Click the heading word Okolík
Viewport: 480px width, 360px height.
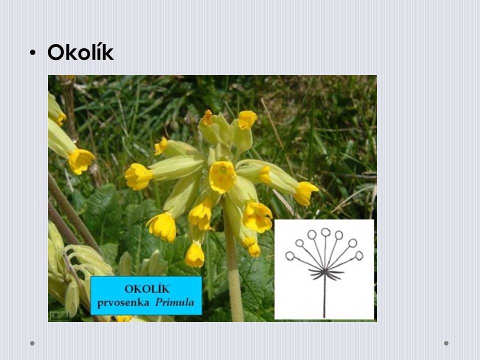point(80,52)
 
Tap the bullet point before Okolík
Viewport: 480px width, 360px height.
point(33,52)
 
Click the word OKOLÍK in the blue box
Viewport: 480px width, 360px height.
point(147,288)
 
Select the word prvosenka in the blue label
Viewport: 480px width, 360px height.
point(123,303)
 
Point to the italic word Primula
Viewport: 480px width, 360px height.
point(175,302)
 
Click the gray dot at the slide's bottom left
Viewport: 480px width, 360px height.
point(32,343)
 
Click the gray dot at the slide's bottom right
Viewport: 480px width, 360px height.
point(446,343)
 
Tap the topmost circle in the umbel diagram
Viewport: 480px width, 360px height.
point(325,231)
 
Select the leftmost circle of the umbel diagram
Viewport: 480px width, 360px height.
point(289,255)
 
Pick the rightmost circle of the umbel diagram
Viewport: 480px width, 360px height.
point(359,255)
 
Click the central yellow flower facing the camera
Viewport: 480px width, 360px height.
point(222,177)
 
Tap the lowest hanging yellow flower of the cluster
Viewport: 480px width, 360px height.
point(194,254)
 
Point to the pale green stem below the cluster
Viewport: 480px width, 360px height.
point(234,275)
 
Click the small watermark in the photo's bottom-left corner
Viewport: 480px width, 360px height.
point(59,315)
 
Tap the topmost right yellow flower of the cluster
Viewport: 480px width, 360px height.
point(247,119)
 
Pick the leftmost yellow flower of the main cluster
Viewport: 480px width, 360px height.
point(138,176)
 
